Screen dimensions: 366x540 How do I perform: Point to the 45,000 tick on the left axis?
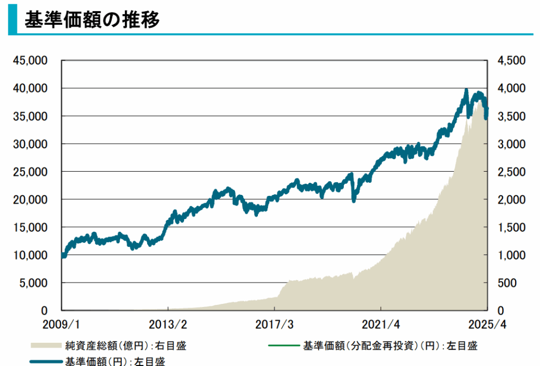pos(33,61)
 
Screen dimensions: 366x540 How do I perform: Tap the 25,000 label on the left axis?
pos(33,172)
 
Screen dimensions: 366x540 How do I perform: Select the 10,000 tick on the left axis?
pos(33,255)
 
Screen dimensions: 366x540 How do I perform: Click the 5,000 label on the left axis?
pos(35,283)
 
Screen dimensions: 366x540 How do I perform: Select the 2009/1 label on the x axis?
pos(62,323)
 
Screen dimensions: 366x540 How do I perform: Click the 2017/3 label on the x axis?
pos(275,323)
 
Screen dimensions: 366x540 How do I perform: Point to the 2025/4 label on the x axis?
pos(487,323)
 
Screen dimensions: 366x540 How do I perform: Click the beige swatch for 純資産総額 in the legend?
pos(46,345)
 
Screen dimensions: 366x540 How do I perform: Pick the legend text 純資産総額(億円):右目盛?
pos(126,345)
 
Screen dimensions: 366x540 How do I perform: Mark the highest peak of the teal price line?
pos(466,91)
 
